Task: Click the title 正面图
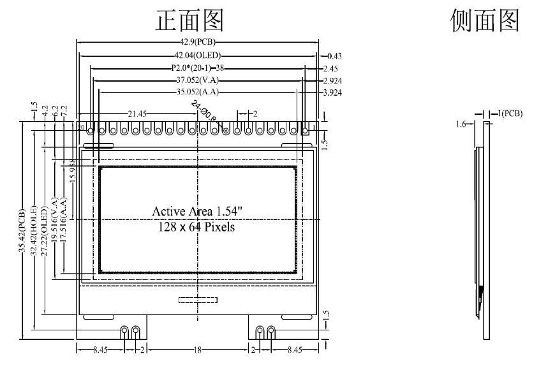(x=189, y=20)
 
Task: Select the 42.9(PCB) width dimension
(x=198, y=42)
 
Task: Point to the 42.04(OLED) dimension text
(x=198, y=55)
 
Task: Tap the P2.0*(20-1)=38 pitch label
(x=198, y=68)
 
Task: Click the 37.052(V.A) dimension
(x=198, y=80)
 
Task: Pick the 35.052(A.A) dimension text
(x=198, y=92)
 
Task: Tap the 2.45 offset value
(x=330, y=68)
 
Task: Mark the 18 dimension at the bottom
(x=198, y=350)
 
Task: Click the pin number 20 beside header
(x=81, y=128)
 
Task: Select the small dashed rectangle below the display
(x=198, y=300)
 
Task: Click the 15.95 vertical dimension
(x=73, y=172)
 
